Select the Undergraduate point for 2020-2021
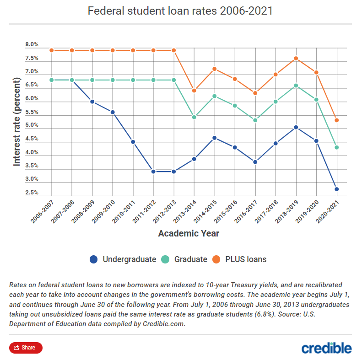pos(336,189)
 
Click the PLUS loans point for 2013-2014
pos(194,91)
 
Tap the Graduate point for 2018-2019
pos(296,86)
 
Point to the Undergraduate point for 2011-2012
pos(153,172)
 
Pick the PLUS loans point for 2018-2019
pos(296,59)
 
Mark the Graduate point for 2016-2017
pos(255,120)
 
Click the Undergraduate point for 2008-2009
pos(92,102)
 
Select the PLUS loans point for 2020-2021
pos(336,120)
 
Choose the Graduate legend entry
pos(185,259)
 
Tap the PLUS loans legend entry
pos(240,259)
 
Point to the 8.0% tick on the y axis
pos(32,45)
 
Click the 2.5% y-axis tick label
pos(32,193)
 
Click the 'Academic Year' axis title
pos(189,234)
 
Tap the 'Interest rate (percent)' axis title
pos(17,121)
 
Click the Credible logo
pos(327,348)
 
